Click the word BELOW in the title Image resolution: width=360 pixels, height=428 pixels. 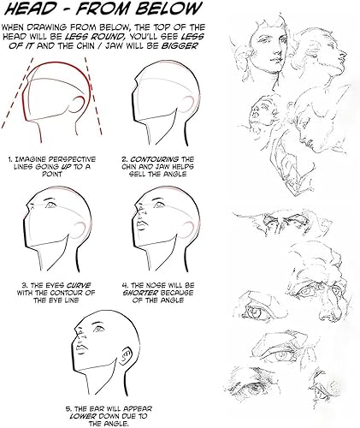click(174, 10)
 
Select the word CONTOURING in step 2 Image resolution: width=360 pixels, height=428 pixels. click(161, 159)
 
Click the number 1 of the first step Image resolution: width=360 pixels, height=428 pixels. click(9, 160)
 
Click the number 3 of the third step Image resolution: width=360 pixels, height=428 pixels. click(9, 279)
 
